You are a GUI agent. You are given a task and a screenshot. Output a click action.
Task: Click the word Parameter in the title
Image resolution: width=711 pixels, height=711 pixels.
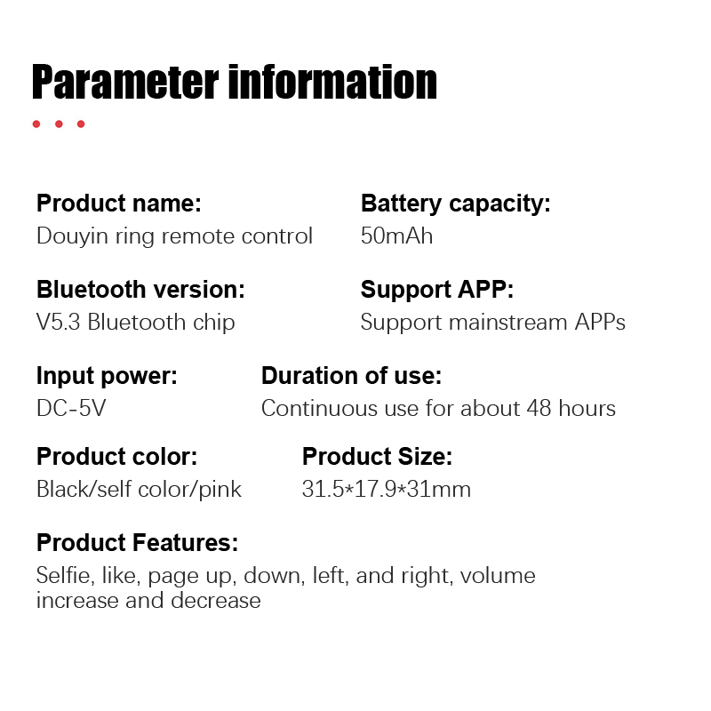(x=125, y=82)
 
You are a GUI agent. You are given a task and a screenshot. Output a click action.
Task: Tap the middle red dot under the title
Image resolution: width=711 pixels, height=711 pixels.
(x=59, y=124)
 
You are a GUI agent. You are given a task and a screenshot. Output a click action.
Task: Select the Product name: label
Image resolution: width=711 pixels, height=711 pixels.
(x=119, y=204)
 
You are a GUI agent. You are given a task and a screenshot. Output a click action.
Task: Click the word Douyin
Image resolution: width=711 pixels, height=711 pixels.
(x=72, y=236)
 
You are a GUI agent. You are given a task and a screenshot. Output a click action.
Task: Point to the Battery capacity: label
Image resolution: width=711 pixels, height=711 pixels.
(x=456, y=204)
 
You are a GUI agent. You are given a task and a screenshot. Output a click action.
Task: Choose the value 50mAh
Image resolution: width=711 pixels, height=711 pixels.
(x=396, y=236)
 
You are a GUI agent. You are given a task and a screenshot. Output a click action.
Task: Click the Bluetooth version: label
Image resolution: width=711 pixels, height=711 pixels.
(x=140, y=290)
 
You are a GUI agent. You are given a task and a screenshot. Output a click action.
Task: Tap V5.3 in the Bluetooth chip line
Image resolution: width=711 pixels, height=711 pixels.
(x=59, y=323)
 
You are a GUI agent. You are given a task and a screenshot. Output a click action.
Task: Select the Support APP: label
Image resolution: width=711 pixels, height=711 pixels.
(x=437, y=290)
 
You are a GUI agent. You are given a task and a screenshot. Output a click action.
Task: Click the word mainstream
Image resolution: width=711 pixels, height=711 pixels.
(x=507, y=323)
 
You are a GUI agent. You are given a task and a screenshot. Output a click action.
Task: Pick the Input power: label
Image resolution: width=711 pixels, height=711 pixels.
(x=107, y=376)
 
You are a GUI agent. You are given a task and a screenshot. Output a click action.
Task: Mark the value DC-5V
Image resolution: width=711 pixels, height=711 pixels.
(x=71, y=408)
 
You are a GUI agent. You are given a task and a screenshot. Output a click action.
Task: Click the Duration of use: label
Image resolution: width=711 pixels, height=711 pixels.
(x=351, y=375)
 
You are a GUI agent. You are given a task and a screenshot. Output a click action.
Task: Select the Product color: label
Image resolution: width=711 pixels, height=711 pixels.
(x=117, y=456)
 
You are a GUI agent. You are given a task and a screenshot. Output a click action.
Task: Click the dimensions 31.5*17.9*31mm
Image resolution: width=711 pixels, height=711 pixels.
(x=387, y=490)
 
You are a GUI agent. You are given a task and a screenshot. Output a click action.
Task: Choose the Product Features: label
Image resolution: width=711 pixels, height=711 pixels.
(x=138, y=542)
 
